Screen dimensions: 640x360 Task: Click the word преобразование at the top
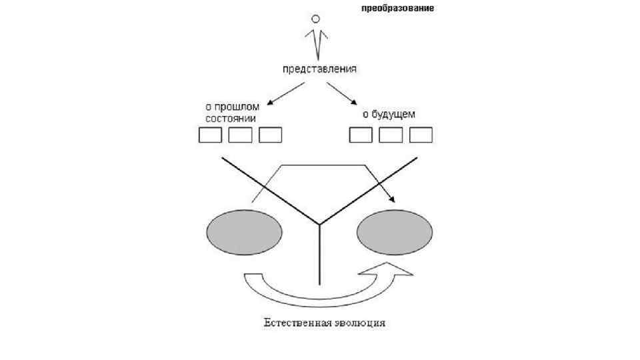(397, 9)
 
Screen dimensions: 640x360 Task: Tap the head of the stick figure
(317, 18)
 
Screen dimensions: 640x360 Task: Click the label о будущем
(389, 114)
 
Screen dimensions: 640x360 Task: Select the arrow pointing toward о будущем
(351, 93)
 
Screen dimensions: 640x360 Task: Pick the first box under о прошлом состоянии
(211, 135)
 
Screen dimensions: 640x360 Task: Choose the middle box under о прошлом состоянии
(240, 135)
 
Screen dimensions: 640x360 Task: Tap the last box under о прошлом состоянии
(270, 135)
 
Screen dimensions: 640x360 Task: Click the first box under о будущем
(361, 135)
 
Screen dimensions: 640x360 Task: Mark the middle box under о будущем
(391, 135)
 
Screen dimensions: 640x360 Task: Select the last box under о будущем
(421, 135)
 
